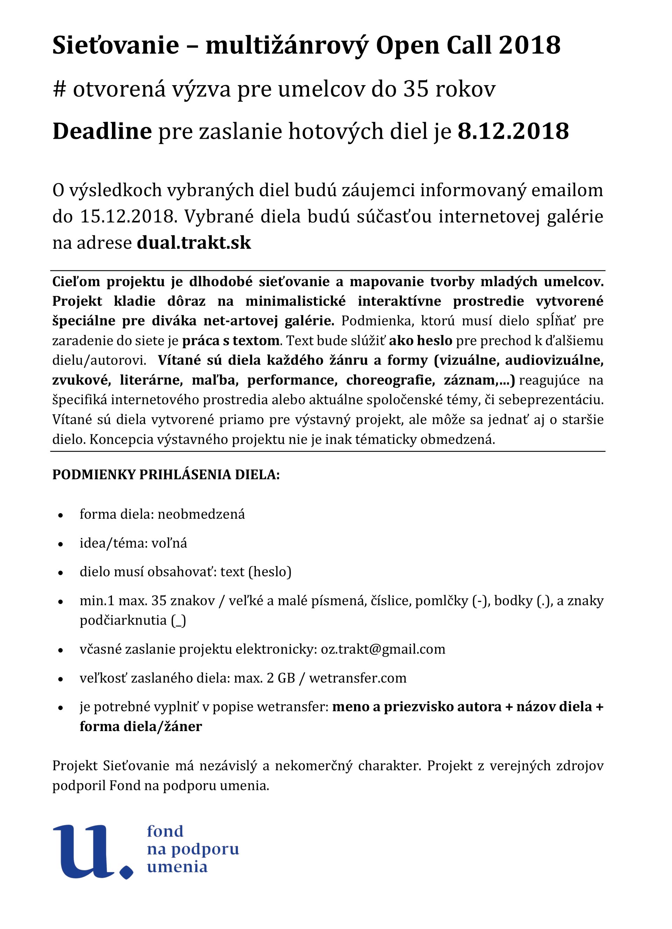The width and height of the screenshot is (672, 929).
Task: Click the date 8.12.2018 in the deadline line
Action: tap(513, 131)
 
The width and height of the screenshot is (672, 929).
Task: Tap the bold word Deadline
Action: tap(102, 131)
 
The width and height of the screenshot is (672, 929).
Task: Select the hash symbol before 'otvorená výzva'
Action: tap(59, 89)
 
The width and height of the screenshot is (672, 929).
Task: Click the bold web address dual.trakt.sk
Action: tap(194, 243)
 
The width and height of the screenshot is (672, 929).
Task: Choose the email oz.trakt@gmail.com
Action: tap(383, 649)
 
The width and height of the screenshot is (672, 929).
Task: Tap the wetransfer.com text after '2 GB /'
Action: tap(358, 678)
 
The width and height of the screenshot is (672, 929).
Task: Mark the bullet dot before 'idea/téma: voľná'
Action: tap(61, 544)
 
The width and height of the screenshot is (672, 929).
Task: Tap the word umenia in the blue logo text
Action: tap(177, 867)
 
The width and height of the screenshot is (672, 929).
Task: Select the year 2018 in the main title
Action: tap(530, 45)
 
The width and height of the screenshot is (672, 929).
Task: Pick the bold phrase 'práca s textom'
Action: tap(231, 340)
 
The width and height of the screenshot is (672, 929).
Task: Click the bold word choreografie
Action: tap(390, 380)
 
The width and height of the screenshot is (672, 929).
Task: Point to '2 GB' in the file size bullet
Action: tap(281, 678)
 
